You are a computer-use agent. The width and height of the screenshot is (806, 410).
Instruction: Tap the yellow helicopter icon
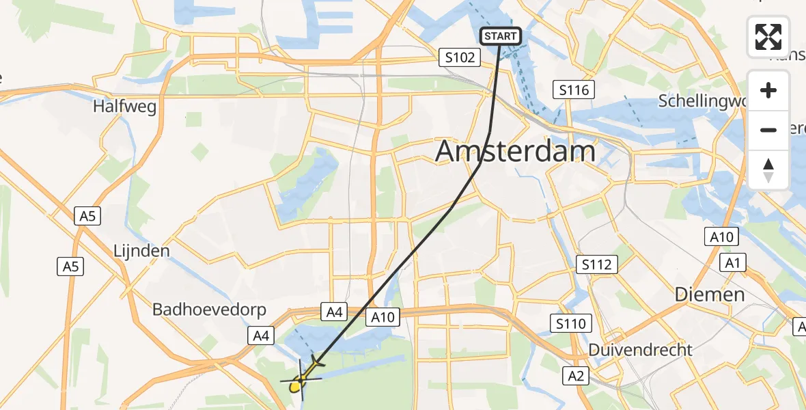[x=300, y=381]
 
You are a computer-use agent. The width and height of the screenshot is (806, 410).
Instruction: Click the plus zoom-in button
[x=768, y=90]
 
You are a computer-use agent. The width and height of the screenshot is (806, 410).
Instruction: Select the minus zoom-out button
[x=768, y=130]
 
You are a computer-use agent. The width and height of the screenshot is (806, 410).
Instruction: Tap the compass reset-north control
[x=768, y=169]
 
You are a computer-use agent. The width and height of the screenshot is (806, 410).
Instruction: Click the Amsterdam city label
[x=516, y=151]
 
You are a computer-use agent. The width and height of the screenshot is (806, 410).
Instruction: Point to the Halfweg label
[x=125, y=107]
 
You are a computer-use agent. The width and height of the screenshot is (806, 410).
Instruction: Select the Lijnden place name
[x=141, y=251]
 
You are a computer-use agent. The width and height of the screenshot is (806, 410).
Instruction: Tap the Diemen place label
[x=709, y=295]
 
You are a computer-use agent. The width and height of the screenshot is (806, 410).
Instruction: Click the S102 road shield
[x=460, y=57]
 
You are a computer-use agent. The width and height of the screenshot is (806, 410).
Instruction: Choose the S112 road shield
[x=597, y=264]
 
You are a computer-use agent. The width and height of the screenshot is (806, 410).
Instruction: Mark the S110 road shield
[x=571, y=323]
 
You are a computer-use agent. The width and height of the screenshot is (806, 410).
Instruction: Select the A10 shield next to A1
[x=721, y=237]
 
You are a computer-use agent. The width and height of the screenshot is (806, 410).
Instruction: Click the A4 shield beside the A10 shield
[x=333, y=312]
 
